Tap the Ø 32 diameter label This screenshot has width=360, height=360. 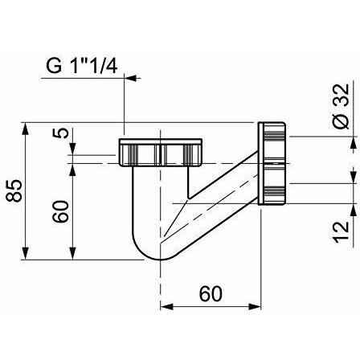[341, 106]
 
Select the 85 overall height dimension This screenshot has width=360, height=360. [14, 190]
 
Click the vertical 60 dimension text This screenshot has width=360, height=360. [60, 211]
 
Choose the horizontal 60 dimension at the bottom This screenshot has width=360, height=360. [211, 293]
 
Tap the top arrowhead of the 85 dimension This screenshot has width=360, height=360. [25, 129]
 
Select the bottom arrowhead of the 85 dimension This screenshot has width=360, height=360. [25, 253]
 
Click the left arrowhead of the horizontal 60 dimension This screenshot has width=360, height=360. [166, 306]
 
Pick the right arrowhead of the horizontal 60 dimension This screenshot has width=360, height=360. [255, 306]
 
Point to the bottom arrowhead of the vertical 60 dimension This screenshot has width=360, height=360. [72, 253]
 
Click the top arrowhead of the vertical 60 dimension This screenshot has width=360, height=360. [72, 170]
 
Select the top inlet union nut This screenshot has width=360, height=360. [160, 153]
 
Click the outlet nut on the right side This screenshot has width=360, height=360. [272, 163]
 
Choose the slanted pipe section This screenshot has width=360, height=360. [211, 199]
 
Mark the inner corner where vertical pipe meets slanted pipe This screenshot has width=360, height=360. [188, 198]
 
